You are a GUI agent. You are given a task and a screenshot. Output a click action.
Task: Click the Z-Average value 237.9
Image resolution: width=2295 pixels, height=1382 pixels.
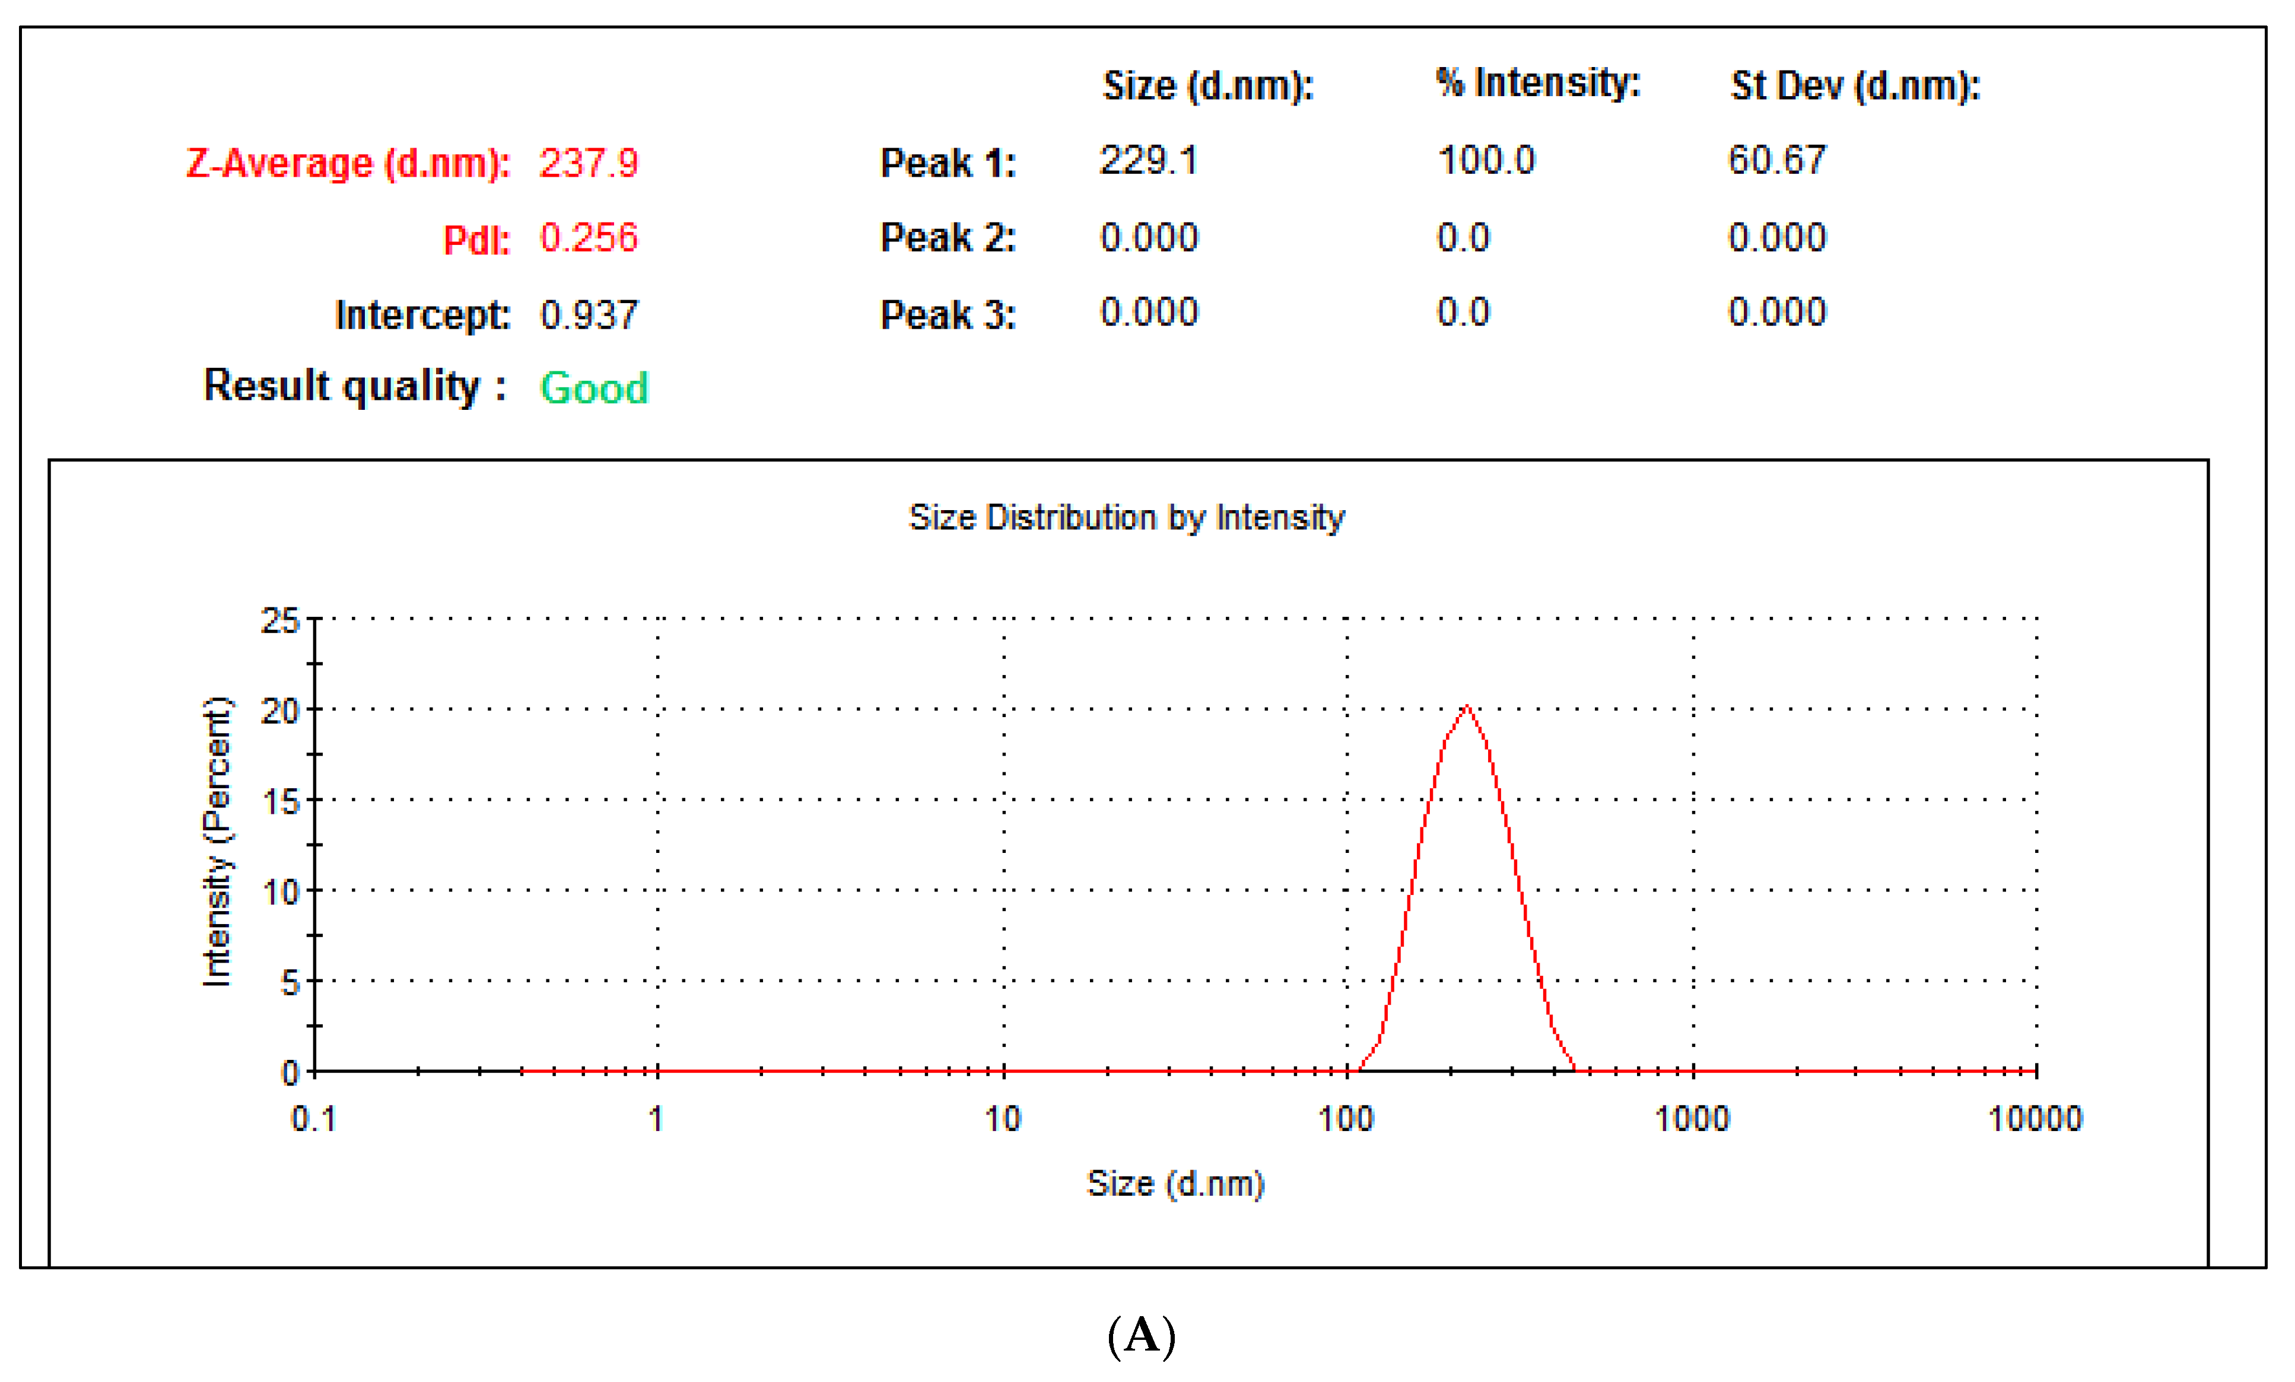pyautogui.click(x=589, y=164)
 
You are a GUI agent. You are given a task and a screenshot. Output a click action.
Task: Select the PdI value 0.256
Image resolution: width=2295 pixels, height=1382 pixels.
pyautogui.click(x=589, y=238)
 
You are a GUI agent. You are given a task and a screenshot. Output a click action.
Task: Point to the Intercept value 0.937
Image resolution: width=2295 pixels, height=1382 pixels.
pyautogui.click(x=589, y=315)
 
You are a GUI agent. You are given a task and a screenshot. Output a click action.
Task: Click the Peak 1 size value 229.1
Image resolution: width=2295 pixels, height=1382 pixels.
pyautogui.click(x=1149, y=161)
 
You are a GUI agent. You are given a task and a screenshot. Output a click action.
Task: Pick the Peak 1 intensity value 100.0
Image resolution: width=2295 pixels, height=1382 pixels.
pyautogui.click(x=1486, y=161)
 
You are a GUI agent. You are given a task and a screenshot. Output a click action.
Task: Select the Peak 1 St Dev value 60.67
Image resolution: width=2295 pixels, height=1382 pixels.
pyautogui.click(x=1777, y=161)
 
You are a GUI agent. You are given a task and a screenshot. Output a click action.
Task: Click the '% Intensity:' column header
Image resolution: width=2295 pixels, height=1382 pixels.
pyautogui.click(x=1538, y=84)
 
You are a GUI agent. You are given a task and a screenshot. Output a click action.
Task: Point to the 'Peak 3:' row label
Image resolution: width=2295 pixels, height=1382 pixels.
pyautogui.click(x=947, y=315)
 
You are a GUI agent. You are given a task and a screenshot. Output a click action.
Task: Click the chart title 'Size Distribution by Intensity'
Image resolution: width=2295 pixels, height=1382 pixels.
pyautogui.click(x=1126, y=518)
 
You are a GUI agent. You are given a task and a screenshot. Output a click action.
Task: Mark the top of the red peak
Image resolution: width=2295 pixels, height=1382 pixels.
pyautogui.click(x=1467, y=707)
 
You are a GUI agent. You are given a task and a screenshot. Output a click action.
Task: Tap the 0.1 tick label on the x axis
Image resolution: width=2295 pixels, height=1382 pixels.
pyautogui.click(x=314, y=1119)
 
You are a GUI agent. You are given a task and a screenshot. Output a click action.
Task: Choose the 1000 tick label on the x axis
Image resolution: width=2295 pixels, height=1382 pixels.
pyautogui.click(x=1692, y=1119)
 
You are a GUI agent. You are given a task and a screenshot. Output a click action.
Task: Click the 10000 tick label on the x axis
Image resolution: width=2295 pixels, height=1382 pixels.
pyautogui.click(x=2035, y=1119)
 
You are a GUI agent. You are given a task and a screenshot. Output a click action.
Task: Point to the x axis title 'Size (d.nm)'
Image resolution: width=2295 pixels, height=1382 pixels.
pyautogui.click(x=1175, y=1184)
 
